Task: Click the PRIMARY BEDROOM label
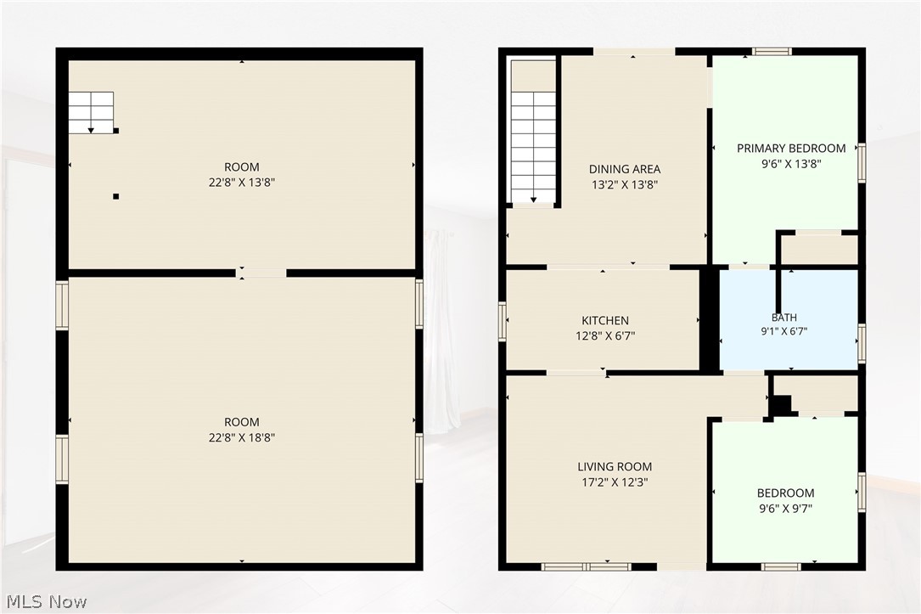click(791, 148)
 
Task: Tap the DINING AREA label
click(625, 169)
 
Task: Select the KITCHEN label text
click(605, 320)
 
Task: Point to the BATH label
click(784, 318)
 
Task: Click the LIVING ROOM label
click(615, 466)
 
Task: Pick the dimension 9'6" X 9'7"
click(785, 508)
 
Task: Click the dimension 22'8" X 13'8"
click(241, 182)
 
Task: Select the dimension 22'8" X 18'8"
click(241, 437)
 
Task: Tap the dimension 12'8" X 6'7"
click(605, 336)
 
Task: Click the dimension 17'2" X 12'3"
click(615, 482)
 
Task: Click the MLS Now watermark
click(47, 601)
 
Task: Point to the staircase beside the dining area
click(533, 147)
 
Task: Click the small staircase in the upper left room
click(91, 113)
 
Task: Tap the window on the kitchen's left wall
click(503, 321)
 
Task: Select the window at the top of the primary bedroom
click(772, 52)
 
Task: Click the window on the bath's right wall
click(861, 343)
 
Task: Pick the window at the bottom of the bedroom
click(781, 567)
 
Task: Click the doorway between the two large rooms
click(261, 273)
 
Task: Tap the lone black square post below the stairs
click(115, 196)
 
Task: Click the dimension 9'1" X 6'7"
click(784, 331)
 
